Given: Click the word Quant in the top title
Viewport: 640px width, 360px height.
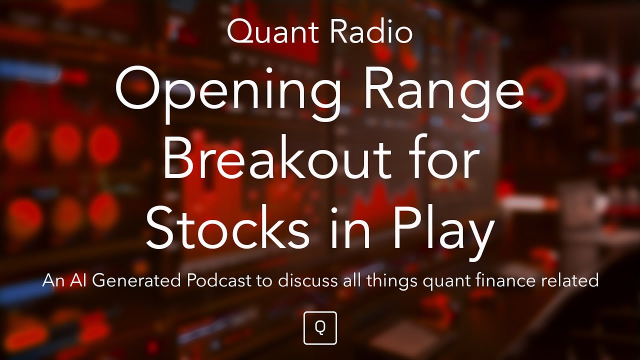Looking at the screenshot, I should click(x=267, y=32).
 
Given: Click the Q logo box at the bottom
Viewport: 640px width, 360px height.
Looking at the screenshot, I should click(x=320, y=328).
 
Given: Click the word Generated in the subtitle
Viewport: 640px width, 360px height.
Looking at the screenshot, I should click(x=136, y=281).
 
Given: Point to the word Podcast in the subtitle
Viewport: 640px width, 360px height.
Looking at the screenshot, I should click(x=218, y=280).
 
